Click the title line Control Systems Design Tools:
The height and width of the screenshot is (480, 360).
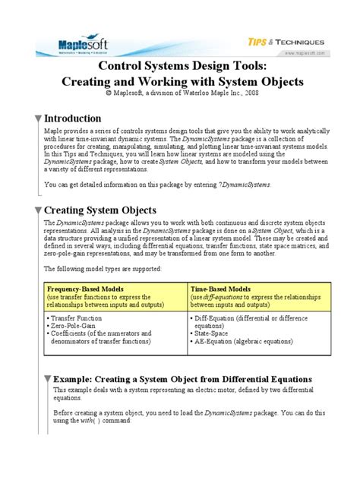click(x=180, y=67)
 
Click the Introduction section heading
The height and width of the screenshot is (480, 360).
click(x=73, y=118)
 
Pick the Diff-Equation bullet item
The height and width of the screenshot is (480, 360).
click(x=217, y=317)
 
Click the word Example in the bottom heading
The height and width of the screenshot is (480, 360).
click(x=75, y=378)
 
